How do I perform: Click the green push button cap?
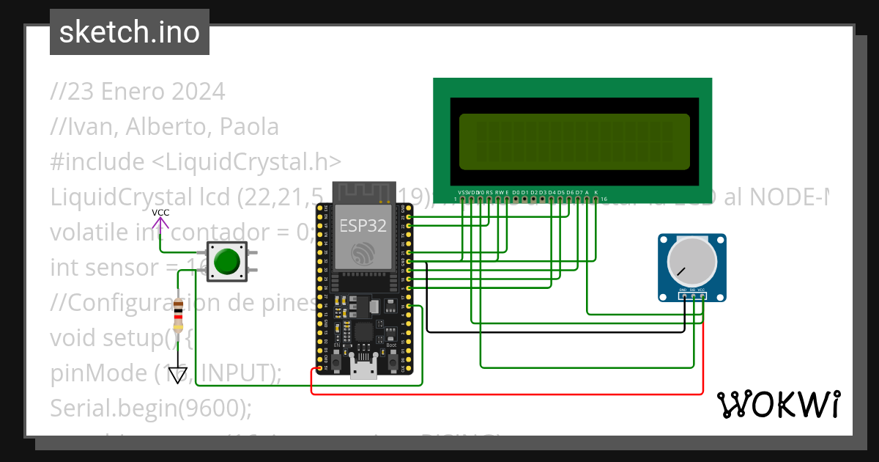(x=227, y=261)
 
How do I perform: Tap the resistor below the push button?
(x=178, y=315)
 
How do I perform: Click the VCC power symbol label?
(x=160, y=213)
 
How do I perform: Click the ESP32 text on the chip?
(x=363, y=224)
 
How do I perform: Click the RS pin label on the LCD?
(x=489, y=192)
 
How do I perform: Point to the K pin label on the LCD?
(x=596, y=192)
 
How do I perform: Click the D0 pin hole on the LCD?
(x=516, y=199)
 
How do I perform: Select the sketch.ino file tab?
(x=129, y=32)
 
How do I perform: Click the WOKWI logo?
(x=777, y=404)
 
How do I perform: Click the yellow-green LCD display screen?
(x=574, y=142)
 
